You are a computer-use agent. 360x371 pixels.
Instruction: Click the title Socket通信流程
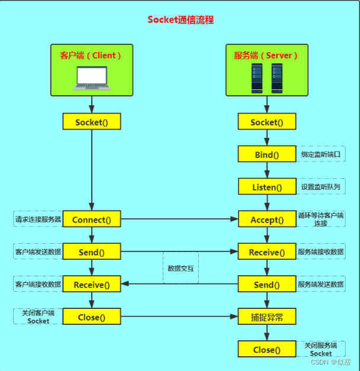click(x=180, y=20)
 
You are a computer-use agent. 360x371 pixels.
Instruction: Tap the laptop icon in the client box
click(x=91, y=79)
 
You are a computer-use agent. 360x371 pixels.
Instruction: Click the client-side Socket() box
click(x=92, y=122)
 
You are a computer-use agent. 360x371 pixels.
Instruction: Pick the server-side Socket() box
click(x=266, y=122)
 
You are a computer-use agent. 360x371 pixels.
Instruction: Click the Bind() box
click(x=266, y=155)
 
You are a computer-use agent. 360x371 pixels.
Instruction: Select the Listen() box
click(x=266, y=187)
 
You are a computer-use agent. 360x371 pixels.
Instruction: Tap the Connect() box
click(x=92, y=220)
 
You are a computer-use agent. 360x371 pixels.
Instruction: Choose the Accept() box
click(x=266, y=220)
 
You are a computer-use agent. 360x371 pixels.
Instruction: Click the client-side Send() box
click(x=92, y=252)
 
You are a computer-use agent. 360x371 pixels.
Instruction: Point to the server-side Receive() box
click(x=266, y=252)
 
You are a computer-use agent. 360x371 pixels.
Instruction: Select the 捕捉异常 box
click(x=266, y=317)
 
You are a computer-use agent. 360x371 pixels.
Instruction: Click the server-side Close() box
click(x=266, y=349)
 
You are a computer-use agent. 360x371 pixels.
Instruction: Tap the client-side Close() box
click(x=92, y=317)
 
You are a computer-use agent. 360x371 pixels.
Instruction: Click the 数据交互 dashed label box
click(x=181, y=268)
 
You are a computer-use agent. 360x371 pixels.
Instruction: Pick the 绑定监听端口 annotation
click(x=320, y=154)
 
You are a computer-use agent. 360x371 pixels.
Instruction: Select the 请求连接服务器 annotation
click(x=38, y=219)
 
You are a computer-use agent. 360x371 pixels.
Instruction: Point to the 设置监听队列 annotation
click(x=320, y=187)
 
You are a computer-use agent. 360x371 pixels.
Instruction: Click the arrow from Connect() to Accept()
click(x=178, y=220)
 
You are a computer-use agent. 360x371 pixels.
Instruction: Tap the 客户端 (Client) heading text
click(x=91, y=56)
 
